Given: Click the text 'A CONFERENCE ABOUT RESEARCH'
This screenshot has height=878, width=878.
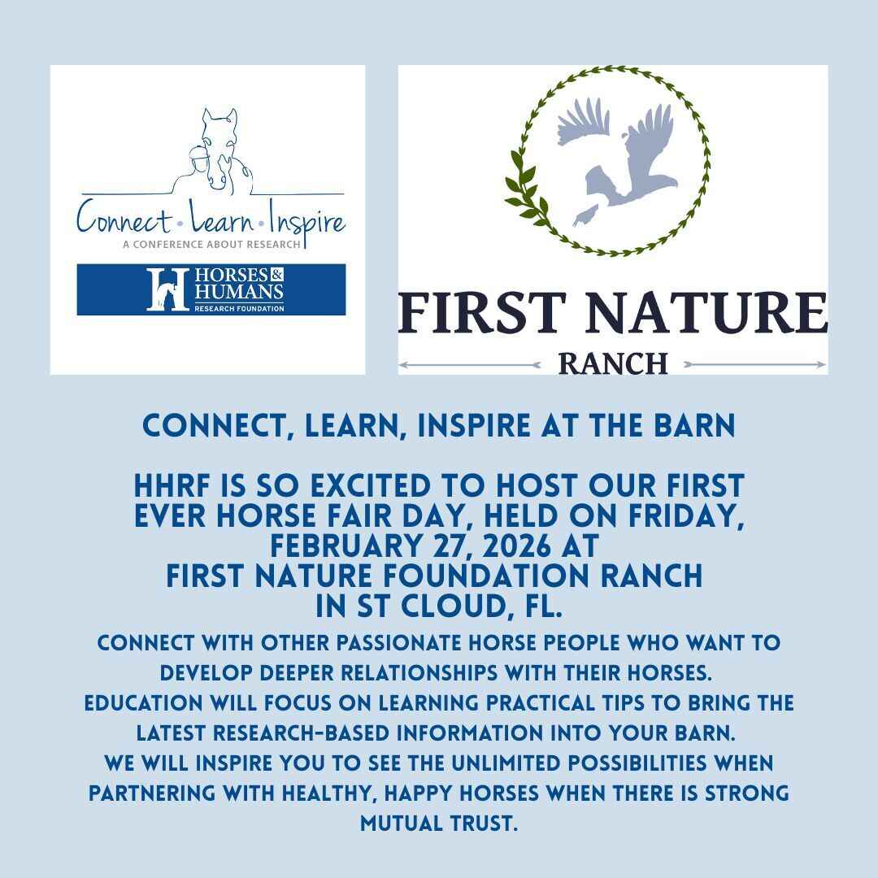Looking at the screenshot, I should click(x=211, y=243).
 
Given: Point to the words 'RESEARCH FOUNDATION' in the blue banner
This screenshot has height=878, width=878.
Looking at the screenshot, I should click(x=238, y=308).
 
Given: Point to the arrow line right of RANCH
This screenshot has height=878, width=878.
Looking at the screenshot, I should click(x=756, y=365).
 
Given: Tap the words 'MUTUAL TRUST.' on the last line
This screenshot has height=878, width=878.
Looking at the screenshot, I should click(x=439, y=823).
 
